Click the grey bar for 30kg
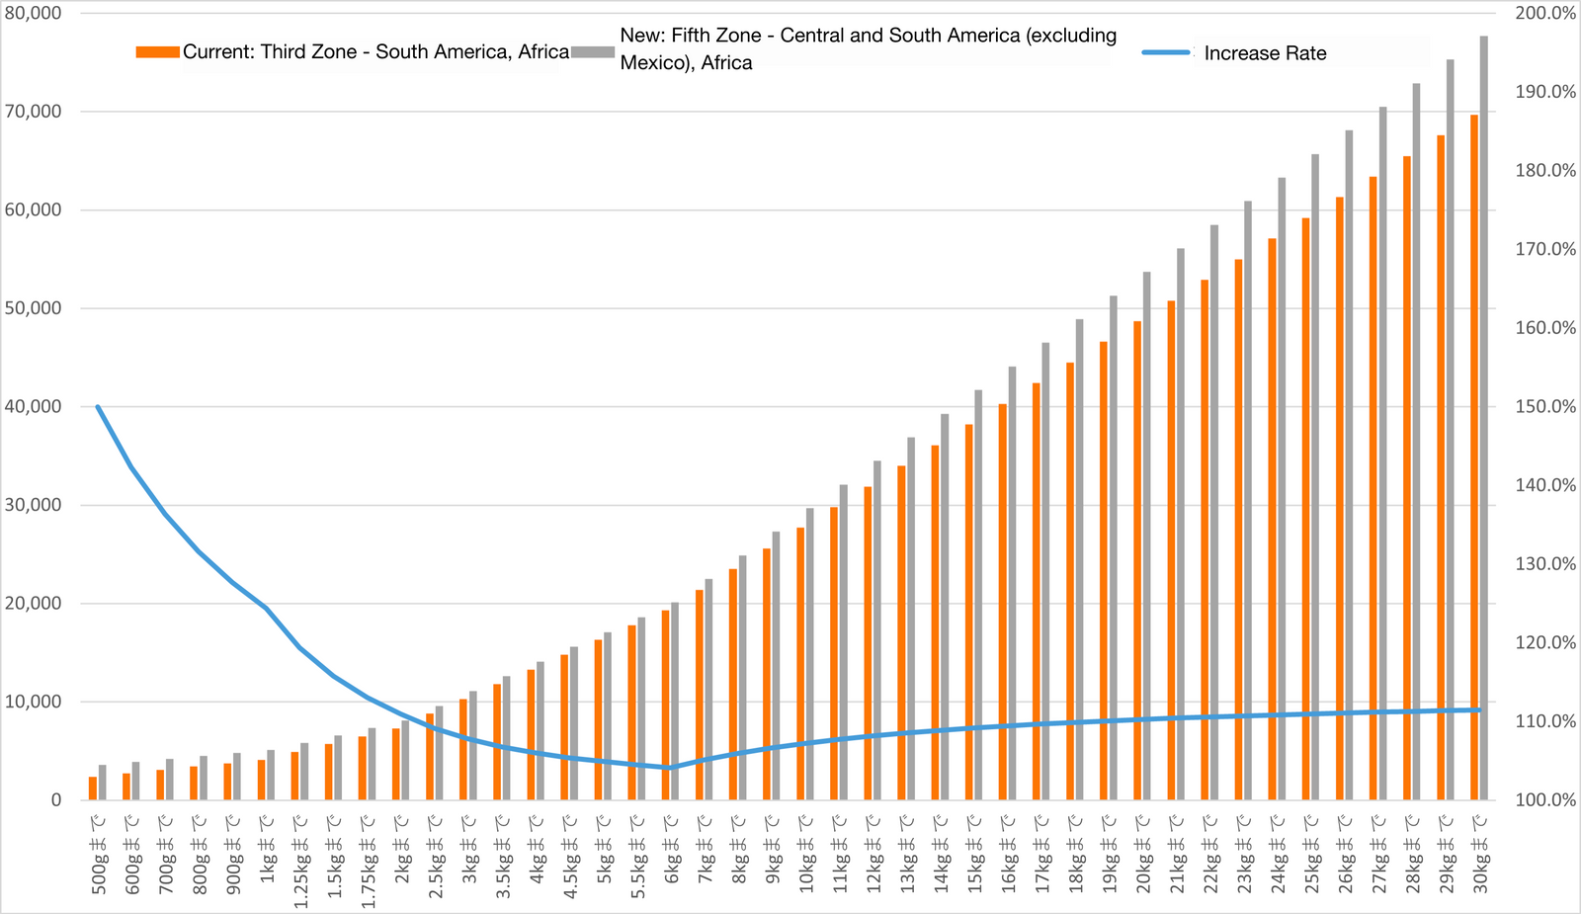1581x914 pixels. click(1484, 415)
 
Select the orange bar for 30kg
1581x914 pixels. click(1474, 455)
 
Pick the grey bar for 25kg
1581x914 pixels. click(1315, 474)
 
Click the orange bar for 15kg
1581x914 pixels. click(969, 613)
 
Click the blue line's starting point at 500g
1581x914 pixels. click(98, 406)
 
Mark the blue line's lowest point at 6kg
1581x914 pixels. click(668, 768)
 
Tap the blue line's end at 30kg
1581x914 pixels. click(1479, 709)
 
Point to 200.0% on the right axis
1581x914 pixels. click(1545, 13)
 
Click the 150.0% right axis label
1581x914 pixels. click(1545, 406)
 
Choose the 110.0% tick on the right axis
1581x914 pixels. click(1545, 721)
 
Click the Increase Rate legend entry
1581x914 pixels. click(1265, 53)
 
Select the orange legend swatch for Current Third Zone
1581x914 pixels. click(157, 51)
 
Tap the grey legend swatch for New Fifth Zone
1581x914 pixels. click(593, 51)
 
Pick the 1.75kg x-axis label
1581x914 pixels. click(368, 860)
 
